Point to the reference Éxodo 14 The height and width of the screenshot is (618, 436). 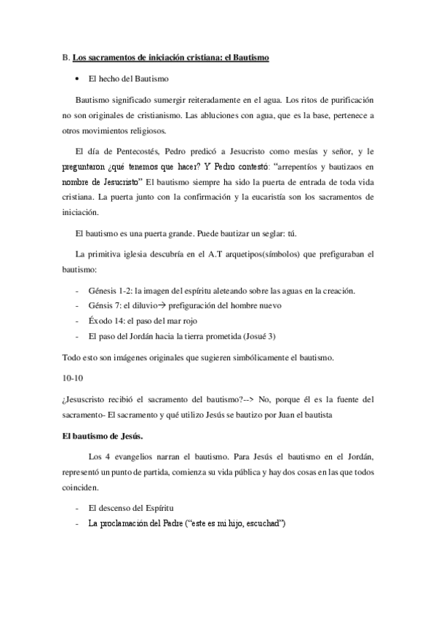[106, 321]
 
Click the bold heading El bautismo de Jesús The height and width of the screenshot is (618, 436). [102, 436]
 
